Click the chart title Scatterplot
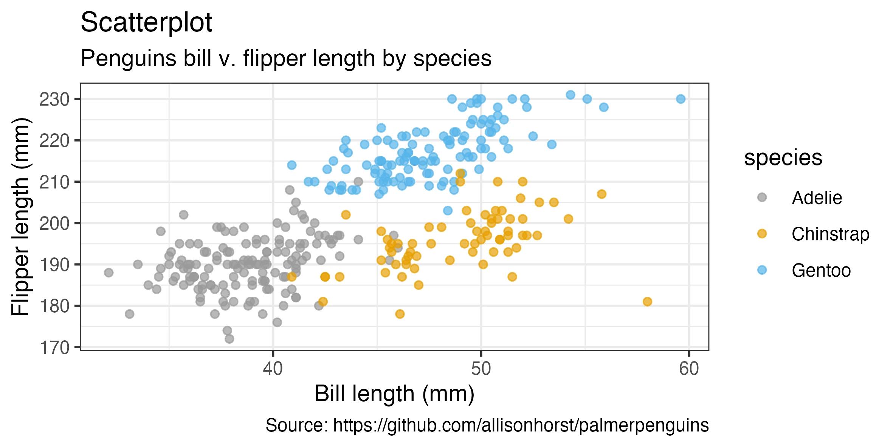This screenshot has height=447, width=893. click(146, 23)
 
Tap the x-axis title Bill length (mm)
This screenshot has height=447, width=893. click(394, 394)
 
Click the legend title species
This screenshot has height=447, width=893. click(783, 158)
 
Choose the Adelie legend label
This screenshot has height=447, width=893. click(817, 198)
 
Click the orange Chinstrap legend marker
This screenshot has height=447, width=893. click(762, 234)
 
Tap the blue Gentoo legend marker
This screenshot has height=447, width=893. click(762, 270)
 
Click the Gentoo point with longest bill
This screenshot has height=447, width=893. click(681, 99)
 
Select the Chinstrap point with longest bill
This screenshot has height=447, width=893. click(647, 302)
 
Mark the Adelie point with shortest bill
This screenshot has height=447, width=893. click(109, 273)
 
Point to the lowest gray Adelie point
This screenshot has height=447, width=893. click(229, 339)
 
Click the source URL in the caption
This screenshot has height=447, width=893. click(521, 425)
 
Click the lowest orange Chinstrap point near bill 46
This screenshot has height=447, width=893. click(400, 314)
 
